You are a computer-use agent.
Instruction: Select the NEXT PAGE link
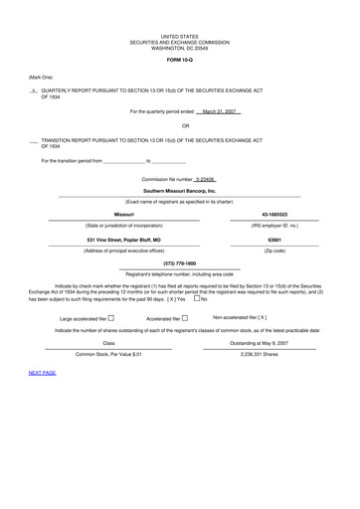[43, 372]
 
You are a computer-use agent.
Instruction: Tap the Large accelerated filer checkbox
[110, 318]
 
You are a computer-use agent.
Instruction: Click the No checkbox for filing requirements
[198, 298]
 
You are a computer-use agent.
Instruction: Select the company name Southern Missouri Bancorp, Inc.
[179, 190]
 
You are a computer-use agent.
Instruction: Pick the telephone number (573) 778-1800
[179, 262]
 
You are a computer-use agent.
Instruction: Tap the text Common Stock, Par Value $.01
[109, 353]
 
